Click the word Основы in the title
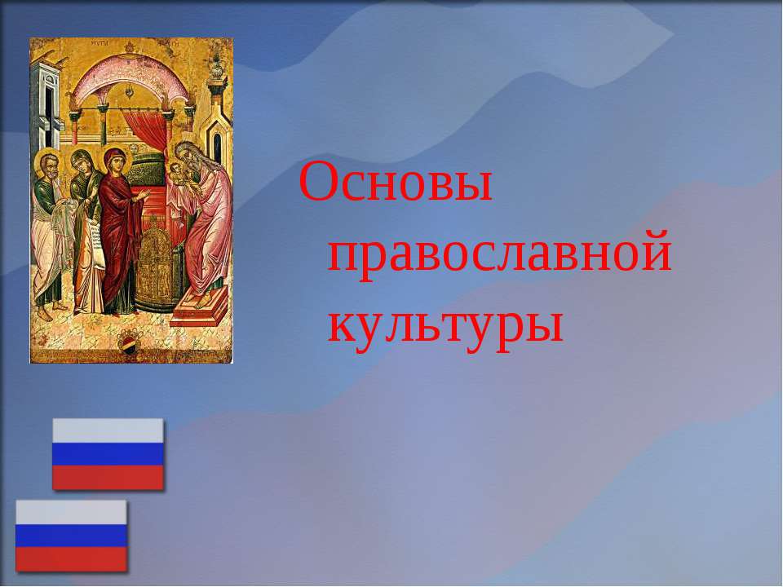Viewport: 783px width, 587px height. [x=396, y=181]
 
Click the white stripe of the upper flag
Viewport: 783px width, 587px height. [x=108, y=430]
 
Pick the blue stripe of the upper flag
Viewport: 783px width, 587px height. [x=108, y=454]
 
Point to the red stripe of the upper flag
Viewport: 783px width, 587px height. [x=108, y=477]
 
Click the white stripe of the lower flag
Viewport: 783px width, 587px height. [x=71, y=512]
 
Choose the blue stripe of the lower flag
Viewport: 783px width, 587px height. [x=71, y=536]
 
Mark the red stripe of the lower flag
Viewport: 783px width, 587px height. [x=71, y=559]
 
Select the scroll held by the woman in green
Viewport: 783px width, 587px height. [x=95, y=241]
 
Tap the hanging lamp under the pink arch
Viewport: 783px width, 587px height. [x=130, y=91]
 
